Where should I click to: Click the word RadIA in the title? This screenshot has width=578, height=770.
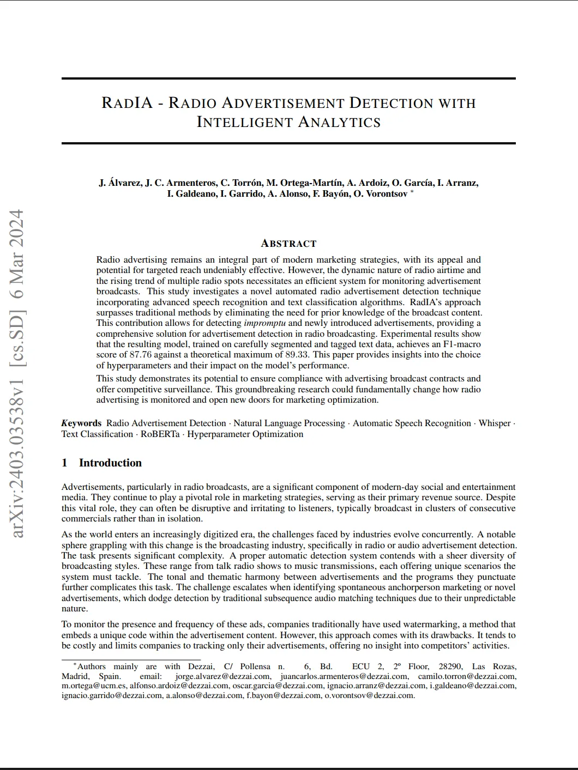(x=127, y=102)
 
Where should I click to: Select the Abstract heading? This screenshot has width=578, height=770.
(x=288, y=244)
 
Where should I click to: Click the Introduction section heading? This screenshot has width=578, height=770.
(x=110, y=463)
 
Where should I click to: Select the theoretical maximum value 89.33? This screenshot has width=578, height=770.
(x=297, y=355)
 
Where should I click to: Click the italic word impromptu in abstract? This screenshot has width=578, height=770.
(x=264, y=323)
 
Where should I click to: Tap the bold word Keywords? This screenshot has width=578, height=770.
(x=81, y=423)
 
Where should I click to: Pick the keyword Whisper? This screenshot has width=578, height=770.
(x=495, y=423)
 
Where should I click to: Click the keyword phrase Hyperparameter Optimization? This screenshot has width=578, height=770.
(x=245, y=434)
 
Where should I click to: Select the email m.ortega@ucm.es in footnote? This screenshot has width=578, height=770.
(x=94, y=686)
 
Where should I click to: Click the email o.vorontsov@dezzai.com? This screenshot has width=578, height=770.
(x=369, y=695)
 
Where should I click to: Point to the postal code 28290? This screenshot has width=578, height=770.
(x=450, y=666)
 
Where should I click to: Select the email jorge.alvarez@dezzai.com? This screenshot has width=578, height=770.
(x=222, y=676)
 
